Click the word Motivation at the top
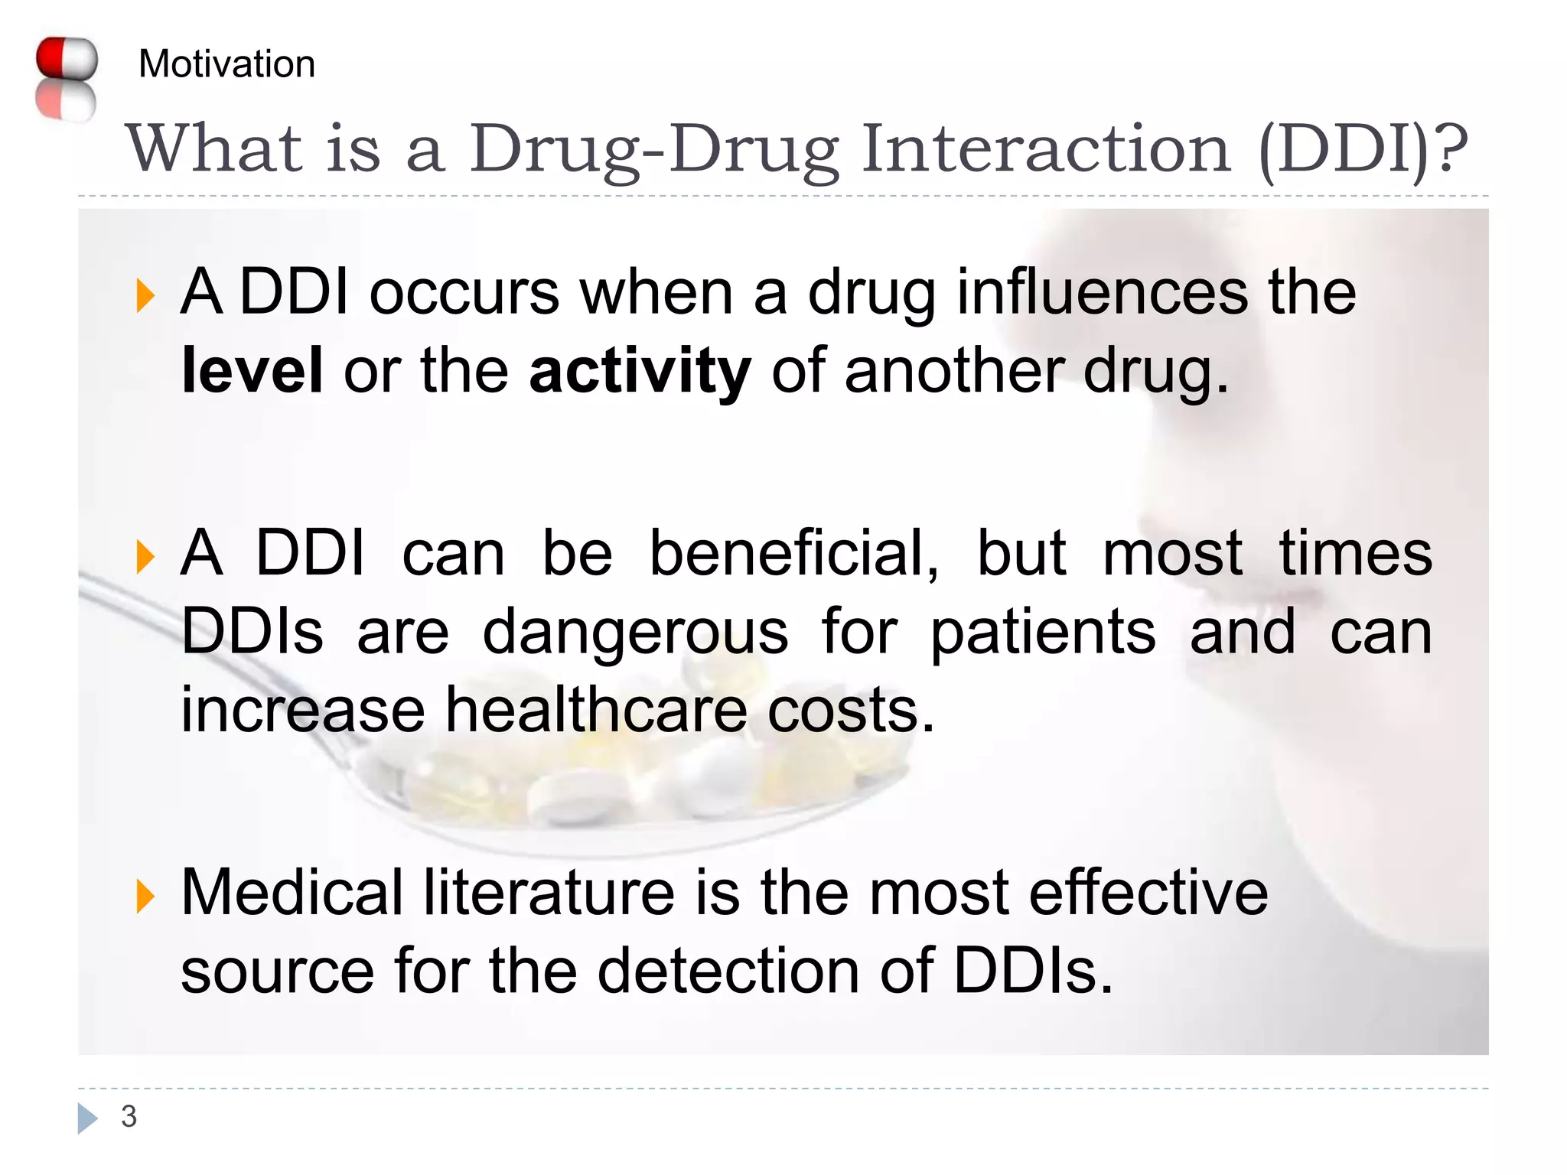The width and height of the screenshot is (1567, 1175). [x=226, y=63]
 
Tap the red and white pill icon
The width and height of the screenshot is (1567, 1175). [x=67, y=78]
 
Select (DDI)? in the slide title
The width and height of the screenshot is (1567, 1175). [x=1363, y=149]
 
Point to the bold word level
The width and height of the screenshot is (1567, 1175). [x=252, y=371]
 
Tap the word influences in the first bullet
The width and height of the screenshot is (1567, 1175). [x=1103, y=292]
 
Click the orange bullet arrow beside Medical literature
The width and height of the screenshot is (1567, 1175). [x=145, y=896]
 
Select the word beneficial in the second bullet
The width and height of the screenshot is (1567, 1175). [x=793, y=553]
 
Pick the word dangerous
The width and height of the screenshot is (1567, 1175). [x=635, y=633]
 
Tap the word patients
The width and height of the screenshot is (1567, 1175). [x=1042, y=633]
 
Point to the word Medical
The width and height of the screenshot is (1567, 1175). [x=292, y=892]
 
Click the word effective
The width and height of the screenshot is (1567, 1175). [x=1148, y=892]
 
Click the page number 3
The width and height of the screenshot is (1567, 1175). [x=129, y=1117]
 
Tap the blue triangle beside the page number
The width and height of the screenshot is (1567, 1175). [x=87, y=1118]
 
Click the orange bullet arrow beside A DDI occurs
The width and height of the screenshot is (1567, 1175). [x=145, y=296]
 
